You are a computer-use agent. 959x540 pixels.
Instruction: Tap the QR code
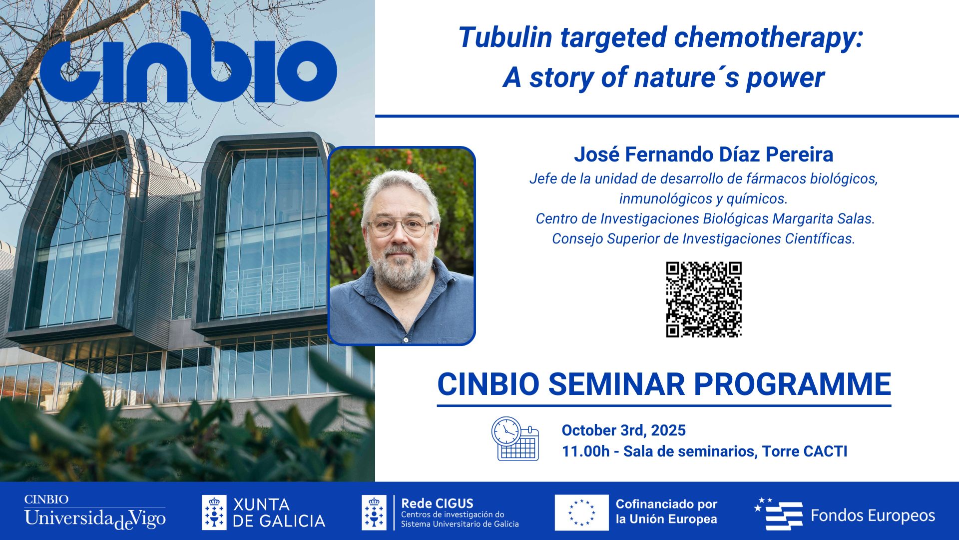click(x=703, y=299)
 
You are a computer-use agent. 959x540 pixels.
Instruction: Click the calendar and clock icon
click(x=515, y=439)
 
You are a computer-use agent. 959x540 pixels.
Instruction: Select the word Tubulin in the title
click(x=505, y=38)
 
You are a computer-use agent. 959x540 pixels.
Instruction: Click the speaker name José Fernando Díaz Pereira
click(x=703, y=154)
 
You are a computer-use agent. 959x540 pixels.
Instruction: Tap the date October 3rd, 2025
click(x=623, y=430)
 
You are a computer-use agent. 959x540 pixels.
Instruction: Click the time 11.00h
click(x=585, y=451)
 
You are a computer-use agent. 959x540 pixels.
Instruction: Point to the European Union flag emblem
click(x=581, y=512)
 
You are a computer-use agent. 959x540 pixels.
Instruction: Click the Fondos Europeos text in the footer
click(x=872, y=515)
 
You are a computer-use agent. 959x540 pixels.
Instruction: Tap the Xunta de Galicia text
click(x=279, y=512)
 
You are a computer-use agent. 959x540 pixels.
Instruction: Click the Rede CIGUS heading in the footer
click(x=437, y=503)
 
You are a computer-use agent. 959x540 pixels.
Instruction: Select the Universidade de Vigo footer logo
click(x=95, y=512)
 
